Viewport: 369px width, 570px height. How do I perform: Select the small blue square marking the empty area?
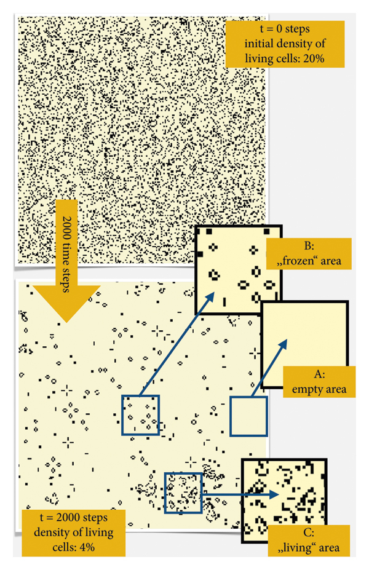(x=248, y=416)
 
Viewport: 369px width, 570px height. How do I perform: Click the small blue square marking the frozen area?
(x=140, y=415)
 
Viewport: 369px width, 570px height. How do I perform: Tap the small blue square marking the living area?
(x=183, y=492)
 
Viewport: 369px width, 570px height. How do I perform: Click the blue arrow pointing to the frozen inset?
(x=177, y=345)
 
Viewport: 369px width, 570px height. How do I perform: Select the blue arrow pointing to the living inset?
(x=240, y=493)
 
